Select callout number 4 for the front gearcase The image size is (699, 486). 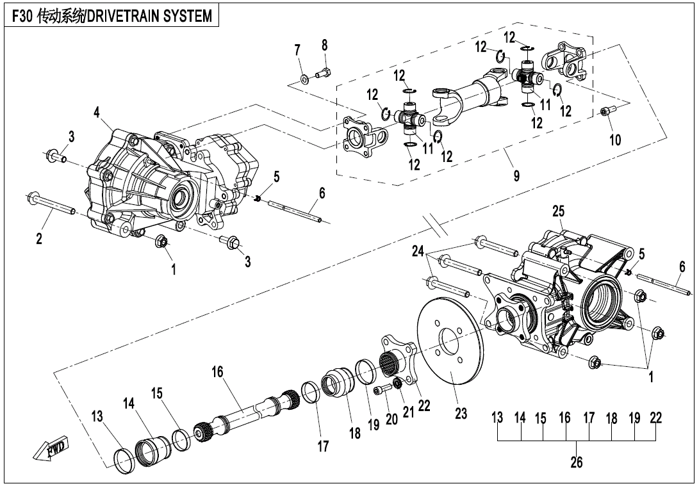pyautogui.click(x=97, y=113)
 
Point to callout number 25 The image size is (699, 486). pyautogui.click(x=558, y=211)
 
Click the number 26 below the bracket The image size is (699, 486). pyautogui.click(x=577, y=462)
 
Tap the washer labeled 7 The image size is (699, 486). pyautogui.click(x=304, y=80)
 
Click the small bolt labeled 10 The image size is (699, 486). pyautogui.click(x=605, y=112)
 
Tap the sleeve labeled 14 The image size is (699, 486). pyautogui.click(x=152, y=442)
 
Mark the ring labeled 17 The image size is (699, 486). pyautogui.click(x=309, y=392)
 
